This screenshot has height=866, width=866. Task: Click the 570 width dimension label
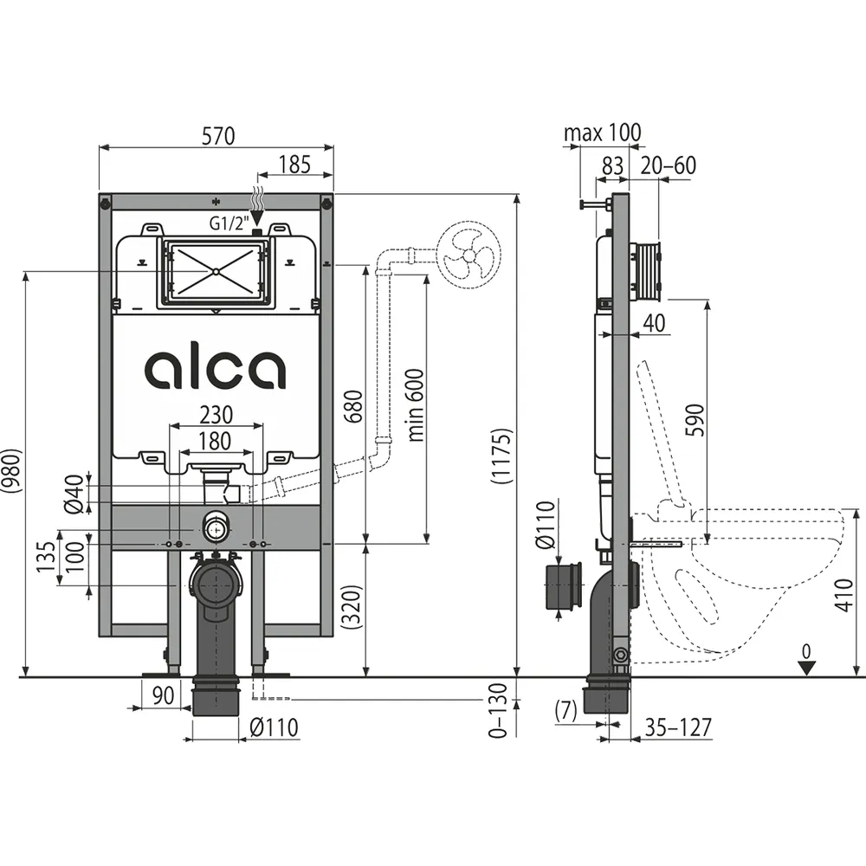[x=218, y=135]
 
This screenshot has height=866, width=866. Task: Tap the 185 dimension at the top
[x=294, y=164]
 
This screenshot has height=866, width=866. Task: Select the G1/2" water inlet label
[x=229, y=223]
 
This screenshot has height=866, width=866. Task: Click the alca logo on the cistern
[x=216, y=368]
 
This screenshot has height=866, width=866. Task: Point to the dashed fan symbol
[x=469, y=255]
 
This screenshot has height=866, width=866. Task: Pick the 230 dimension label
[x=216, y=414]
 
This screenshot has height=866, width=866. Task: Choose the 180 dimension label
[x=214, y=441]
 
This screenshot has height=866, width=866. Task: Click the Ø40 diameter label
[x=74, y=494]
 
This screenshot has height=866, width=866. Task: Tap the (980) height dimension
[x=11, y=470]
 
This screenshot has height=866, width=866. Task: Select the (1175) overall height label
[x=502, y=456]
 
